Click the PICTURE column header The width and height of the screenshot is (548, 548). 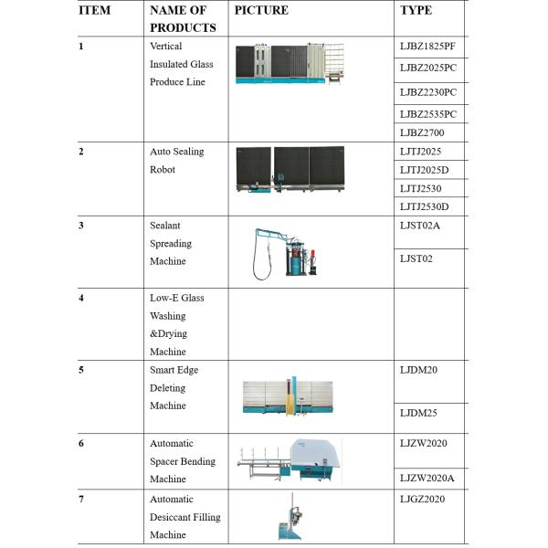click(x=261, y=11)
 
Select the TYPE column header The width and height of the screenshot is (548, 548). click(x=416, y=11)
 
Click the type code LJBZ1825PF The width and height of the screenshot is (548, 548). click(x=427, y=47)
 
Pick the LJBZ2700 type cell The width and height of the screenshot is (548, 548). click(x=421, y=132)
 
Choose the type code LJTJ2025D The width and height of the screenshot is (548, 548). click(x=425, y=170)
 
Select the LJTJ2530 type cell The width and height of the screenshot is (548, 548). click(x=421, y=188)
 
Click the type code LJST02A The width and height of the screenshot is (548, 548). click(x=420, y=225)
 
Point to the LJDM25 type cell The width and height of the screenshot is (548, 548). click(x=418, y=413)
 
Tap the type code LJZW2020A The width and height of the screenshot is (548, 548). click(x=427, y=478)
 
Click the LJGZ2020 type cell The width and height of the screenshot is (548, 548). click(x=422, y=499)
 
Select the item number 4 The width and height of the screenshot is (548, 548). click(x=82, y=298)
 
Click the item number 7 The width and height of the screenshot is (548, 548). click(x=82, y=500)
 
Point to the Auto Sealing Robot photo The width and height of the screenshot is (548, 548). click(x=289, y=172)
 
